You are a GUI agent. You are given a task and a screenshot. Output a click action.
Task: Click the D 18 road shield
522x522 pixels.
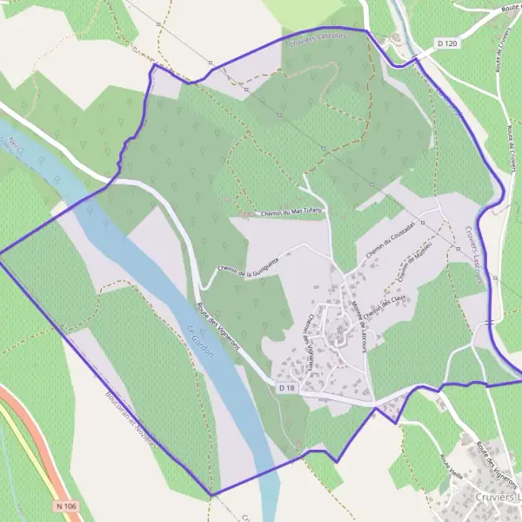(x=288, y=386)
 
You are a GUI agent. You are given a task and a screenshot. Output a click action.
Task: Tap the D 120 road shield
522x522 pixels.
(x=447, y=43)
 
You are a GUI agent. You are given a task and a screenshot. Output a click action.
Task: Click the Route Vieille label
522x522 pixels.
(x=452, y=470)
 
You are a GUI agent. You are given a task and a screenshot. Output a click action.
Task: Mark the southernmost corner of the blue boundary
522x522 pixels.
(x=211, y=495)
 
